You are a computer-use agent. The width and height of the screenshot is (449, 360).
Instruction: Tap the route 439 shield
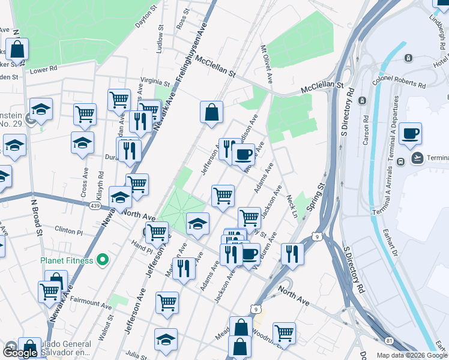tap(95, 206)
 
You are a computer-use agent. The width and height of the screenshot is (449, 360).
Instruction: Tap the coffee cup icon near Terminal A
tap(410, 134)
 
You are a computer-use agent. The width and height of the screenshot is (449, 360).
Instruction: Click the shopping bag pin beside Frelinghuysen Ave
tap(211, 112)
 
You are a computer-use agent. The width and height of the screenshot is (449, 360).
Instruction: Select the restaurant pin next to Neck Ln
tap(292, 253)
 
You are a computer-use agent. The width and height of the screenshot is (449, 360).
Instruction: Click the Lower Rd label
tap(43, 70)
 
